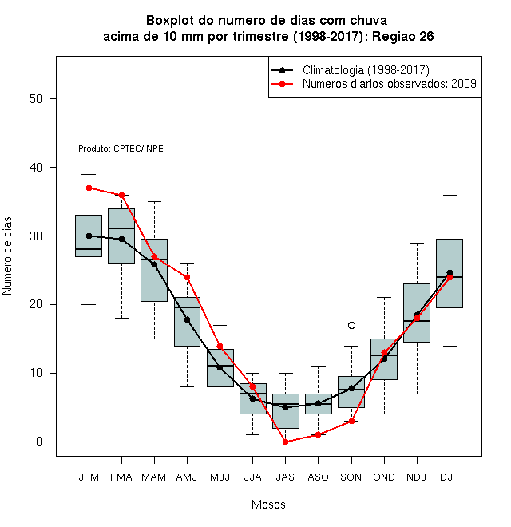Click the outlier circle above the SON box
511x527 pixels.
click(351, 325)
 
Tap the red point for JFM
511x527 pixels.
click(89, 188)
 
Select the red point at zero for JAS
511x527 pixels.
click(285, 442)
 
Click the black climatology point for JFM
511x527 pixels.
click(89, 236)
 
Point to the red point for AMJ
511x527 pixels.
click(187, 277)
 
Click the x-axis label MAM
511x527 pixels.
click(153, 477)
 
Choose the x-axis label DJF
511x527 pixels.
click(450, 477)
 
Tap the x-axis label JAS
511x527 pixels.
click(285, 477)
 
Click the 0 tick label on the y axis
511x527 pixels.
click(39, 442)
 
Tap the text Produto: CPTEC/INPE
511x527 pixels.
click(121, 149)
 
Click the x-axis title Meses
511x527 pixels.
click(268, 505)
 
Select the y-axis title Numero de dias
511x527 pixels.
click(7, 256)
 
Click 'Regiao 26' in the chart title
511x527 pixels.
click(403, 36)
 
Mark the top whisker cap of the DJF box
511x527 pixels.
click(450, 195)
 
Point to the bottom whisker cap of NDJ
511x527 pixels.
click(417, 394)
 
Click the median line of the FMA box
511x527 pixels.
click(121, 228)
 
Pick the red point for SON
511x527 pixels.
click(351, 421)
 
